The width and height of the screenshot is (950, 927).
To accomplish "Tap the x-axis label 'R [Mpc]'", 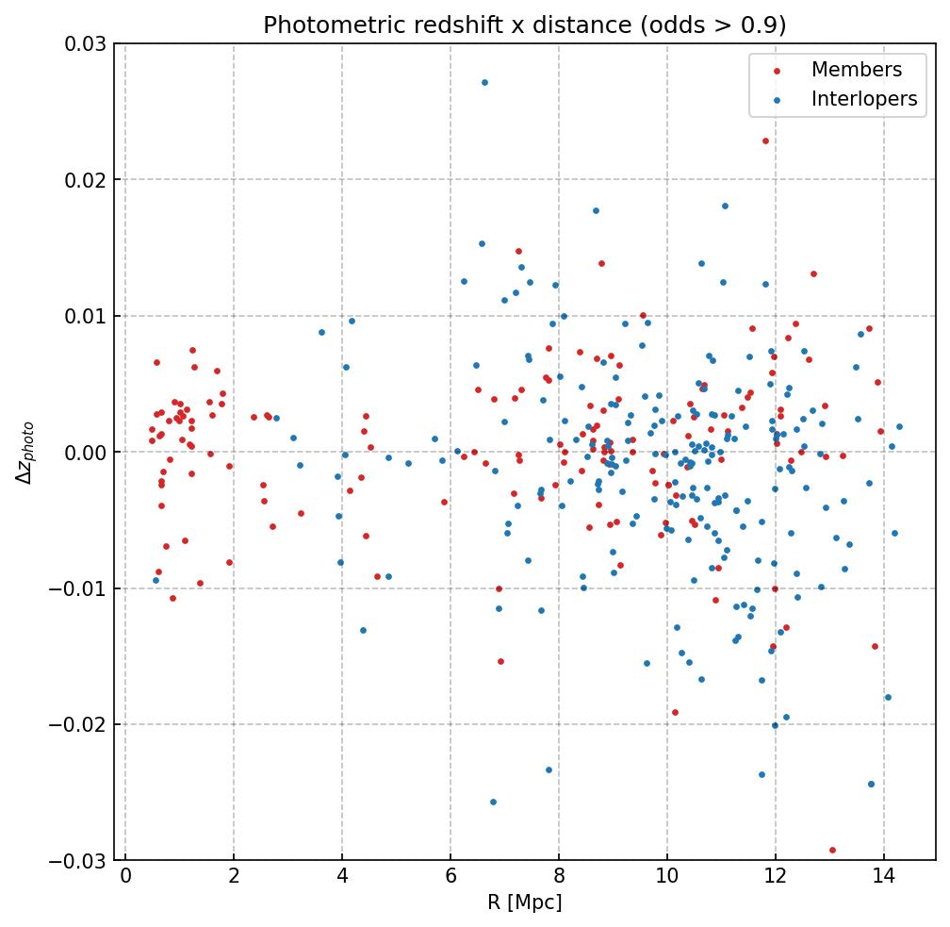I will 524,902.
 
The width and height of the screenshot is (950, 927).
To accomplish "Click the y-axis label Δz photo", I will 25,453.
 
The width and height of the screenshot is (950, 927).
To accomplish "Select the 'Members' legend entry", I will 856,70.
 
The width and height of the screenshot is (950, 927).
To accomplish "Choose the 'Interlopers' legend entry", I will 863,99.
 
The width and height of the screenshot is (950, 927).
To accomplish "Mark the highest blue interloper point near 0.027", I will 484,82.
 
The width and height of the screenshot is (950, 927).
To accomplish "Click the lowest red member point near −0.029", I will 832,850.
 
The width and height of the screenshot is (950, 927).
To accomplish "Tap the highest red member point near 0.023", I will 765,141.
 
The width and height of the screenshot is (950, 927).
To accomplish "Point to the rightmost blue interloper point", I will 899,426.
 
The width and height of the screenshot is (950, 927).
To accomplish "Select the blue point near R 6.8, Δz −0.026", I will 493,802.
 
